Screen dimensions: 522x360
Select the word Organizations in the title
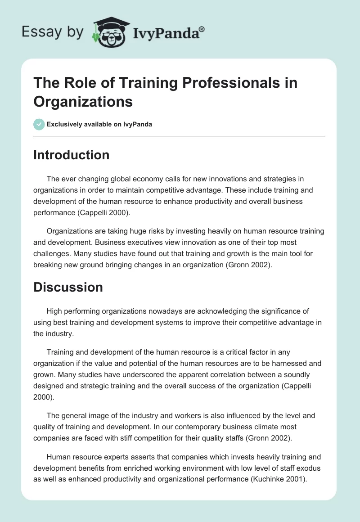[83, 102]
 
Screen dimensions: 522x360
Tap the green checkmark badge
[39, 124]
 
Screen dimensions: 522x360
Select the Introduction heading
[71, 155]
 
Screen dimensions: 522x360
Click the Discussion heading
[68, 288]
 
